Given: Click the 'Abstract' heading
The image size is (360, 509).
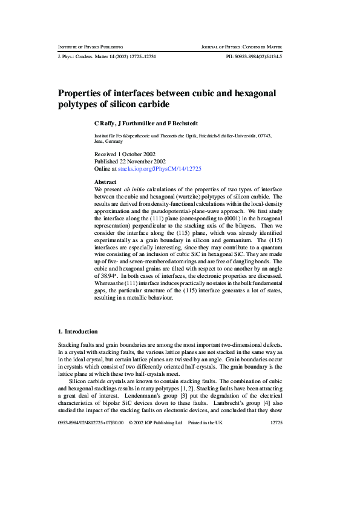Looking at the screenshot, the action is click(x=106, y=182).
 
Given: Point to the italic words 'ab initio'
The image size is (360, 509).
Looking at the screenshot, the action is click(x=133, y=189).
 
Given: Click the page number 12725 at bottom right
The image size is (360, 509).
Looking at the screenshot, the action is click(x=278, y=422).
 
